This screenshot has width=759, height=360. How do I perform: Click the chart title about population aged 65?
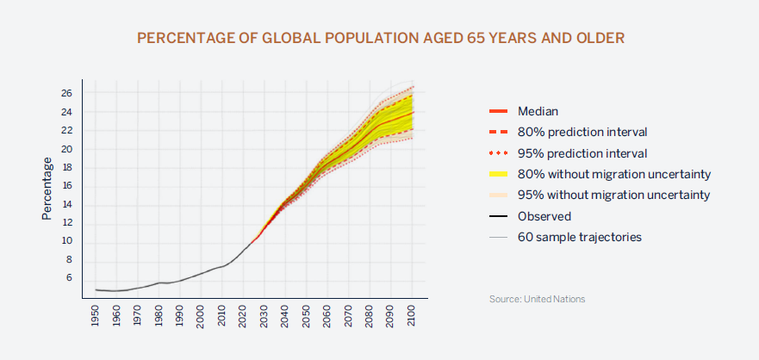pyautogui.click(x=380, y=39)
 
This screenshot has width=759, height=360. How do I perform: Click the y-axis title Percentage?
pyautogui.click(x=47, y=188)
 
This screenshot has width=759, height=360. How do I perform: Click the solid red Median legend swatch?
pyautogui.click(x=499, y=111)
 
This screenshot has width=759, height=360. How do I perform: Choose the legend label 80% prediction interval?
pyautogui.click(x=582, y=132)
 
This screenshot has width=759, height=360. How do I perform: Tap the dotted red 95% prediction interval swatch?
pyautogui.click(x=499, y=153)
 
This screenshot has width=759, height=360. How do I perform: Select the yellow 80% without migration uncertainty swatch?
pyautogui.click(x=499, y=174)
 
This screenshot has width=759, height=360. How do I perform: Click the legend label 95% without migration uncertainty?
pyautogui.click(x=613, y=195)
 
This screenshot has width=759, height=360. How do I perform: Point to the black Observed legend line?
pyautogui.click(x=499, y=216)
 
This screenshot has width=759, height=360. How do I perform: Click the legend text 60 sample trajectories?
pyautogui.click(x=579, y=237)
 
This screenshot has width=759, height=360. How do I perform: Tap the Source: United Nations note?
pyautogui.click(x=537, y=299)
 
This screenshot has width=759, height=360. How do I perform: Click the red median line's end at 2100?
pyautogui.click(x=413, y=112)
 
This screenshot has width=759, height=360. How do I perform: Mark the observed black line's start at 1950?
pyautogui.click(x=96, y=289)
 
